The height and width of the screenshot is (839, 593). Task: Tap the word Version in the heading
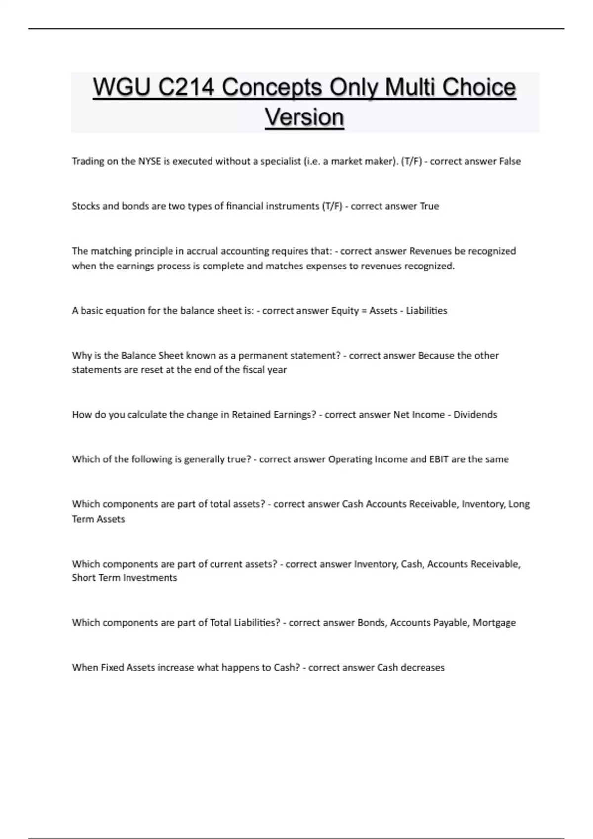[304, 117]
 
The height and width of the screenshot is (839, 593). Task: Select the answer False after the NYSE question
[509, 161]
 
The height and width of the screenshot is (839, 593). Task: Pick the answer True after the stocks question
[429, 206]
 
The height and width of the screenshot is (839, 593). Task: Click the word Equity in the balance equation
[344, 311]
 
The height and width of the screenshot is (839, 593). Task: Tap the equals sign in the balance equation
[364, 311]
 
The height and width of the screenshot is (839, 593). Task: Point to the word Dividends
[475, 415]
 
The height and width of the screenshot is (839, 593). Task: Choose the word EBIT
[439, 459]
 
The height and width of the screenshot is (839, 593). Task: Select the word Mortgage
[494, 623]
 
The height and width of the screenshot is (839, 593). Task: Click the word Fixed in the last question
[113, 668]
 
